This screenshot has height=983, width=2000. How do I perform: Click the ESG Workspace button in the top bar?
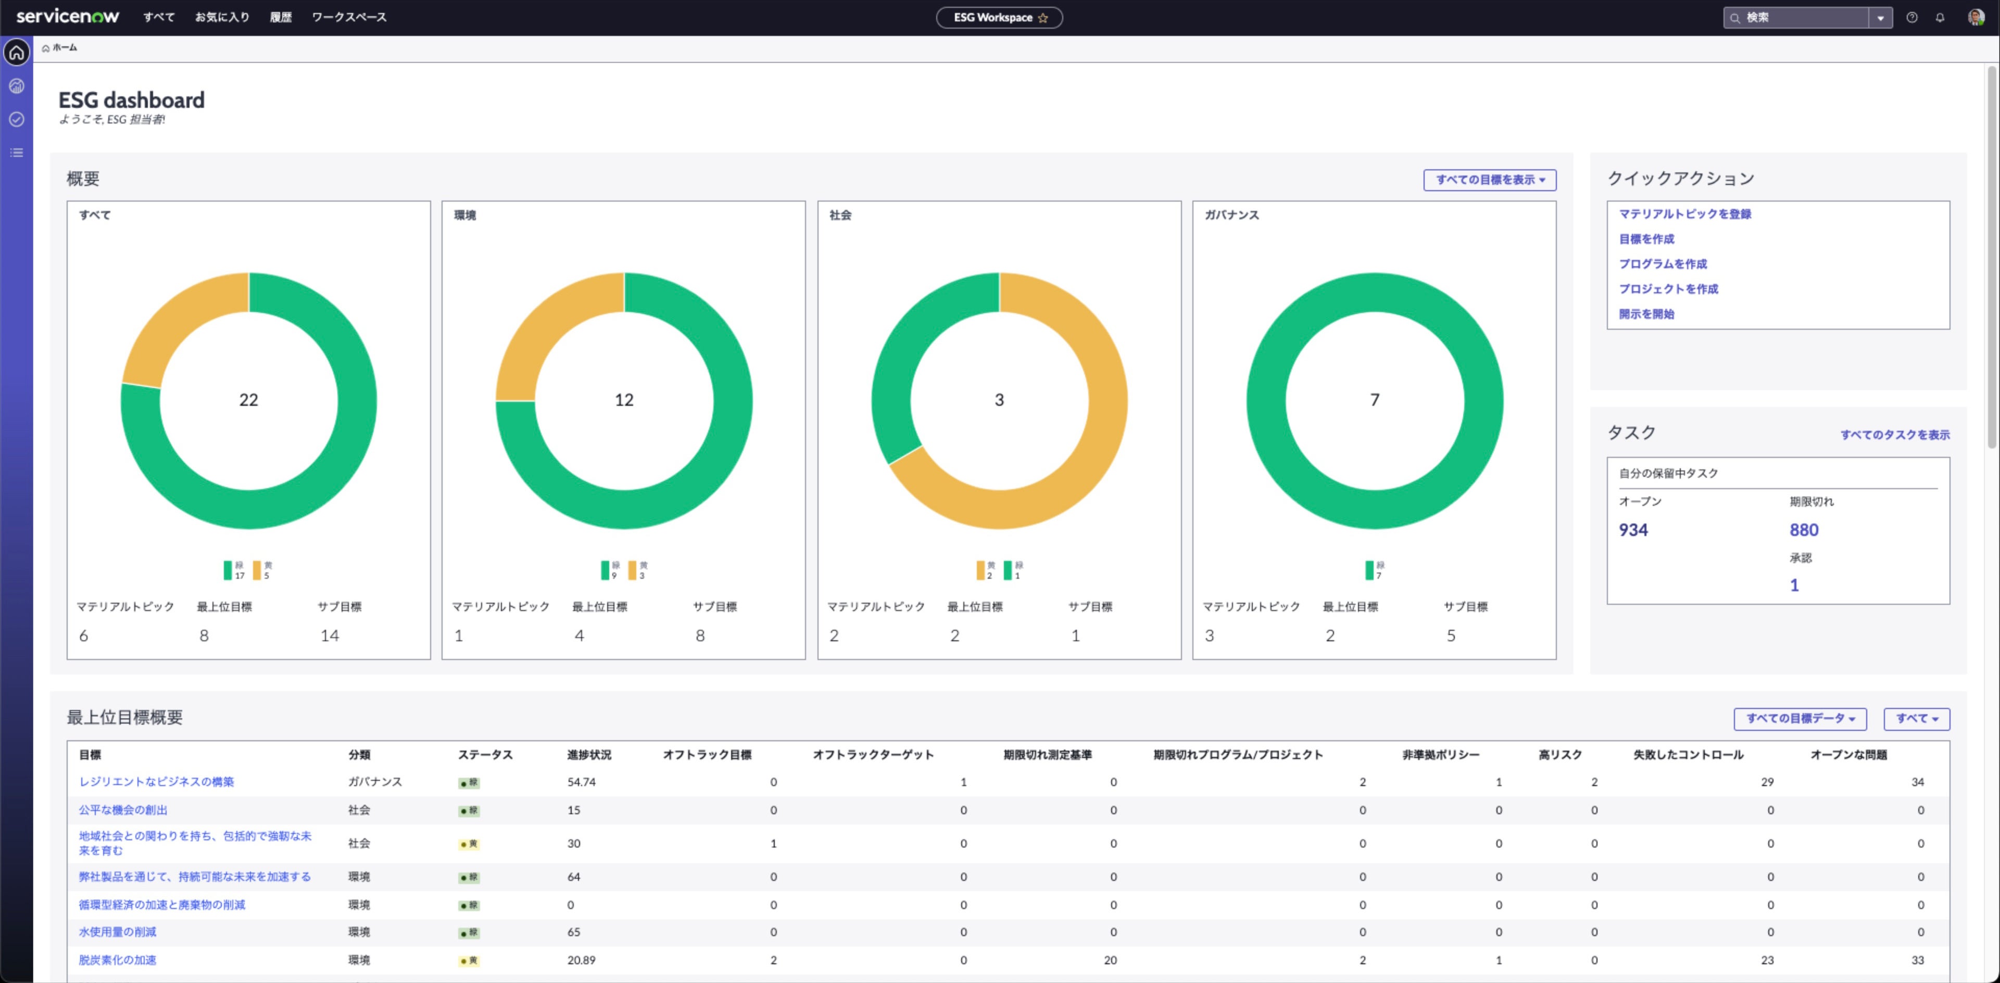[x=999, y=17]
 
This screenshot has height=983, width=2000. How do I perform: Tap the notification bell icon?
[x=1940, y=17]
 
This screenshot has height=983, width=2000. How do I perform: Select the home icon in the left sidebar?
[x=16, y=53]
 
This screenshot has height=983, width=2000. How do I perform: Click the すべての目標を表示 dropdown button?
[x=1488, y=179]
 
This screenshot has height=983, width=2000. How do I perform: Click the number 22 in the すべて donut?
[x=248, y=400]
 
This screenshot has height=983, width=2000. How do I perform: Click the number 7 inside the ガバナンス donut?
[x=1374, y=400]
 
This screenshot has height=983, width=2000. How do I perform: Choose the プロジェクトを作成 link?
[x=1668, y=289]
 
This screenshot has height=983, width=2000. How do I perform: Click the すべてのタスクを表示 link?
[x=1894, y=435]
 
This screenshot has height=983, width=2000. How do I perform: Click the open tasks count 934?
[x=1633, y=530]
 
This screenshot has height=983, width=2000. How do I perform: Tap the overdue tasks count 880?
[x=1804, y=530]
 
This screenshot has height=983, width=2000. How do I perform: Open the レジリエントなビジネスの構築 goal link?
[x=156, y=782]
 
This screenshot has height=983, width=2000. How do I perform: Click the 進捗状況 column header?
[x=588, y=755]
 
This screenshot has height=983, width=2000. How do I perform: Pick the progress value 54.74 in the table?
[x=581, y=782]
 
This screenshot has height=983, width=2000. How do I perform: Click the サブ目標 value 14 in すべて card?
[x=329, y=636]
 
